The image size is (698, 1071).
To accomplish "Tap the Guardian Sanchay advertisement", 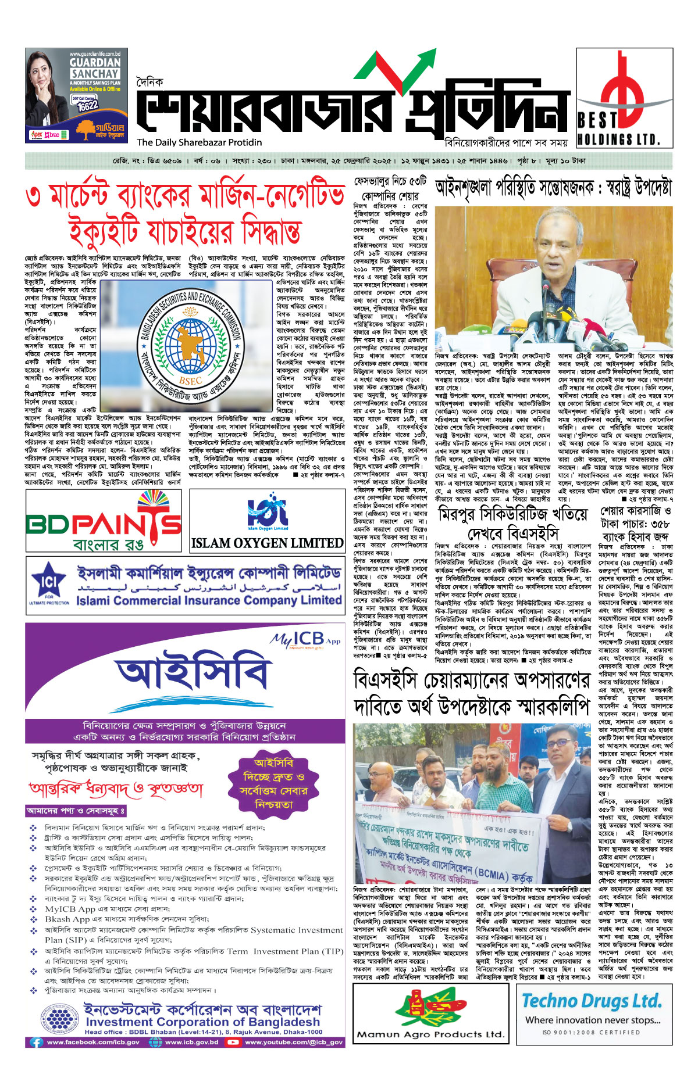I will tap(76, 95).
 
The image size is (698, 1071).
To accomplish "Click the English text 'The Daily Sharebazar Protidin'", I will tap(200, 142).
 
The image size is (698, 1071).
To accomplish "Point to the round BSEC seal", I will tap(189, 344).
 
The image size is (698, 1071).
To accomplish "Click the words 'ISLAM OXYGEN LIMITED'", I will tap(267, 543).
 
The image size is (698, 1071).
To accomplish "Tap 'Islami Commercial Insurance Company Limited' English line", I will tap(209, 600).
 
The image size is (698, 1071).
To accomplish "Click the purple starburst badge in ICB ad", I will tap(273, 783).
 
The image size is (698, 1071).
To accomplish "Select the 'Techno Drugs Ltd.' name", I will tap(592, 1001).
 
